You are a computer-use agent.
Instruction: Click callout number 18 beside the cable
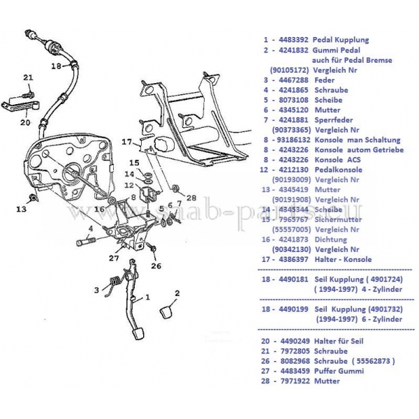coord(57,67)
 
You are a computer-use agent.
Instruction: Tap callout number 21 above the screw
coord(28,77)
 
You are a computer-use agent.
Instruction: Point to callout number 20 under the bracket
coord(24,122)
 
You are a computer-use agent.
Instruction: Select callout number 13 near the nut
coord(22,208)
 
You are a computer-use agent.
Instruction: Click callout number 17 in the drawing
coord(127,142)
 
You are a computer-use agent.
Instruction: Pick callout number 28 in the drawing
coord(192,198)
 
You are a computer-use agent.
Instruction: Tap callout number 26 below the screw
coord(156,265)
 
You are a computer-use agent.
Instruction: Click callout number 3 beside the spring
coord(98,288)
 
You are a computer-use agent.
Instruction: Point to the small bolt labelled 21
coord(30,90)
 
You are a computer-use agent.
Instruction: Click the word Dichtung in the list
coord(330,239)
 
